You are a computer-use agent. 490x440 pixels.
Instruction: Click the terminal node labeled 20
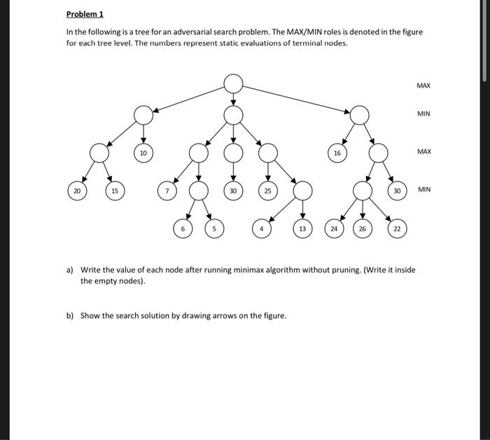tap(77, 191)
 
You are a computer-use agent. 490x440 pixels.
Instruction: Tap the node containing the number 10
tap(143, 152)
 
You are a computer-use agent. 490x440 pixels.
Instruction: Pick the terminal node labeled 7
tap(167, 191)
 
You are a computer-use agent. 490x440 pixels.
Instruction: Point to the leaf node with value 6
tap(183, 228)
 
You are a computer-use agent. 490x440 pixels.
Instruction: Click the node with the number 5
tap(215, 228)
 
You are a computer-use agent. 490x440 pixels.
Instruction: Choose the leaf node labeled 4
tap(261, 228)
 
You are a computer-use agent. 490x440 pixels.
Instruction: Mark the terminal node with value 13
tap(302, 228)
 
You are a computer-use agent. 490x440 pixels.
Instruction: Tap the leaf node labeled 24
tap(335, 228)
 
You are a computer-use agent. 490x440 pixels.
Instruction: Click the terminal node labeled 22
tap(396, 228)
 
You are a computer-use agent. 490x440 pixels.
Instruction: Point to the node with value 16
tap(337, 152)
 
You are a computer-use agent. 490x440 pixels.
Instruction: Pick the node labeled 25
tap(267, 191)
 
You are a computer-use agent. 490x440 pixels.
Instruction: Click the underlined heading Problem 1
tap(84, 14)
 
